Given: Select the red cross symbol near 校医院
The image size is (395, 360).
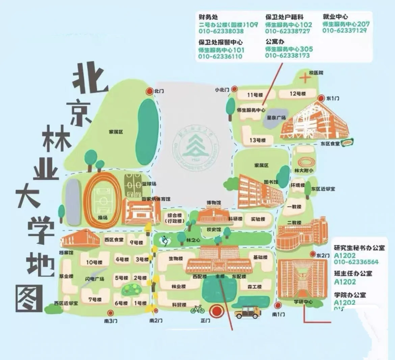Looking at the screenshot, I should [305, 79].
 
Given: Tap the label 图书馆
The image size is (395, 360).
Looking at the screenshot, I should [271, 182].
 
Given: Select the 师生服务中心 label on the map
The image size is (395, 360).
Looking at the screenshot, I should [251, 110].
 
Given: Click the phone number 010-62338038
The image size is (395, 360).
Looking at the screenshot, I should [221, 31].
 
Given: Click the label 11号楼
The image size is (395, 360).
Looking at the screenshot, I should [255, 95].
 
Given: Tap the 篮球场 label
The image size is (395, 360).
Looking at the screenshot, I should [149, 184].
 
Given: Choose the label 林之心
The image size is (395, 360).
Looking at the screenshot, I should [193, 240].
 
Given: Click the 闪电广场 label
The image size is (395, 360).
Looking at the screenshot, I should [95, 279].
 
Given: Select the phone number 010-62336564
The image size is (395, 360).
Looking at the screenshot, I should [356, 262].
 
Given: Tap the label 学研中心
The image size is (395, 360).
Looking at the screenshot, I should [303, 302].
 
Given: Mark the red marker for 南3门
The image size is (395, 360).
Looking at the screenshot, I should [110, 313].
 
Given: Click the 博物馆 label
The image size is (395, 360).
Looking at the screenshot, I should [213, 203].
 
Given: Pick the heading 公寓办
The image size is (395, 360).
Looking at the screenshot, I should [275, 42].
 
